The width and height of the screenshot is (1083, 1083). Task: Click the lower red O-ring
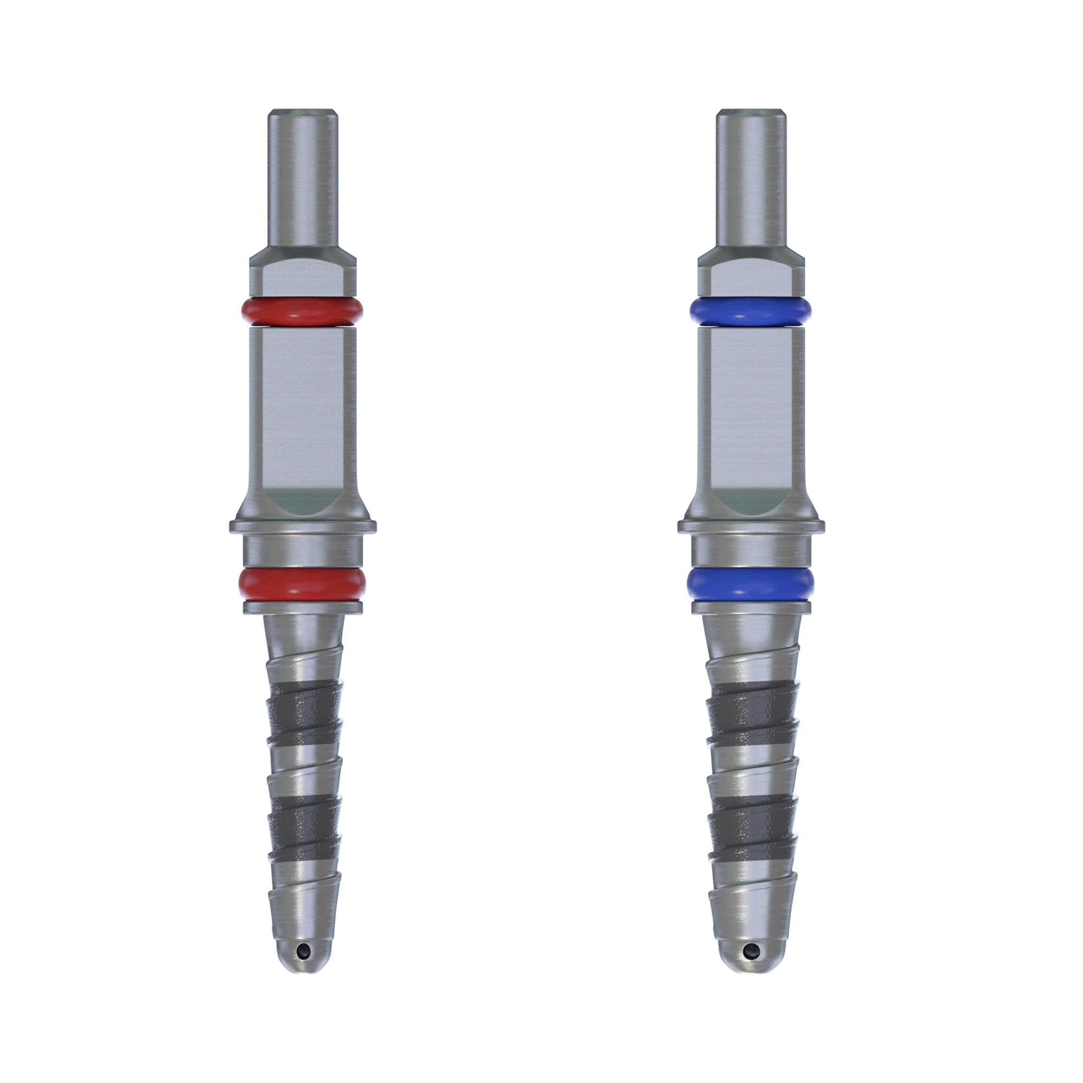(302, 583)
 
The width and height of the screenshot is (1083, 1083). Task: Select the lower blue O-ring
(750, 583)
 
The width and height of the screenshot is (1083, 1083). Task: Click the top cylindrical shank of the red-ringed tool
(303, 179)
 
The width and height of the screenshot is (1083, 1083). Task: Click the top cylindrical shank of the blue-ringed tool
(751, 179)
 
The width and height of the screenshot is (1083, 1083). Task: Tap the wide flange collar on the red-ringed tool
(303, 526)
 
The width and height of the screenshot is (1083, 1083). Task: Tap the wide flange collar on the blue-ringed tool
(751, 526)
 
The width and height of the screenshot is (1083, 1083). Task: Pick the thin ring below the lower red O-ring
(303, 607)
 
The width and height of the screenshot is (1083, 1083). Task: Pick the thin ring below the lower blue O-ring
(751, 607)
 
